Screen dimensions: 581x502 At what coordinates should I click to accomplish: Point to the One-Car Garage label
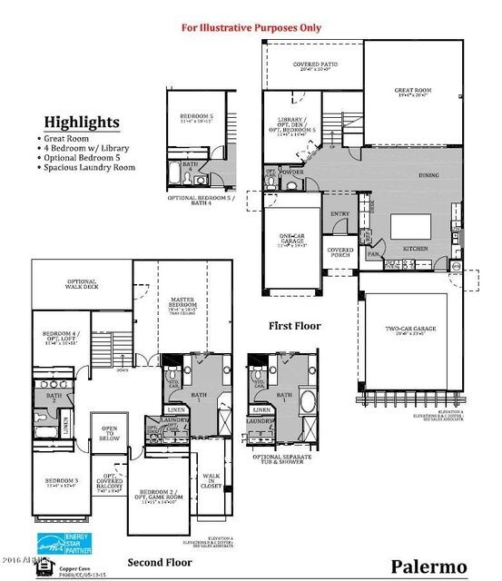[x=291, y=239]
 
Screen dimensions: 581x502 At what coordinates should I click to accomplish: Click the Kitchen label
[x=415, y=248]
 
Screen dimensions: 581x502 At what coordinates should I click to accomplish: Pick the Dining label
[x=428, y=175]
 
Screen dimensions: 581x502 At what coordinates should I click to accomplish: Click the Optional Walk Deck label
[x=82, y=284]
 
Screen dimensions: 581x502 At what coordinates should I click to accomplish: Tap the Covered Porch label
[x=340, y=251]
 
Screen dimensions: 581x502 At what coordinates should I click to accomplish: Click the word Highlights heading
[x=82, y=123]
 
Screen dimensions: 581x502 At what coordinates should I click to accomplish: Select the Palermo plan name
[x=428, y=566]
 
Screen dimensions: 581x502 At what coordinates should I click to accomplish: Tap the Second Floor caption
[x=160, y=562]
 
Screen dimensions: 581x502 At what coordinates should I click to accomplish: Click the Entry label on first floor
[x=340, y=214]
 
